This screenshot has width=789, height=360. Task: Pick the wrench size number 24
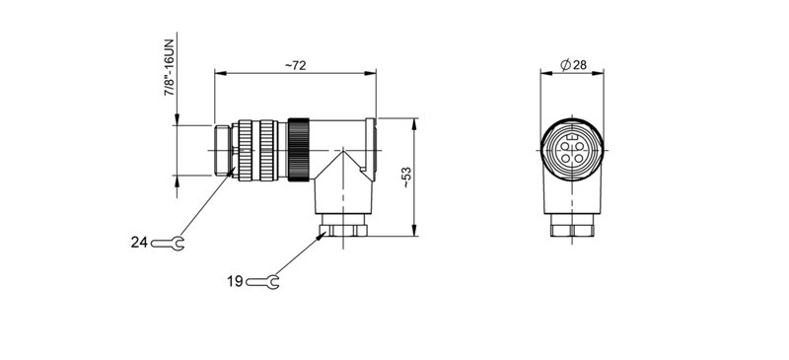tap(138, 241)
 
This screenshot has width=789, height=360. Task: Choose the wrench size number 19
tap(235, 282)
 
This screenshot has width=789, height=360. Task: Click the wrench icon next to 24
tap(168, 241)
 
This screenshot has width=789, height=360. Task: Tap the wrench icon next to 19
tap(263, 282)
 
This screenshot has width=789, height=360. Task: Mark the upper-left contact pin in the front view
tap(566, 145)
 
